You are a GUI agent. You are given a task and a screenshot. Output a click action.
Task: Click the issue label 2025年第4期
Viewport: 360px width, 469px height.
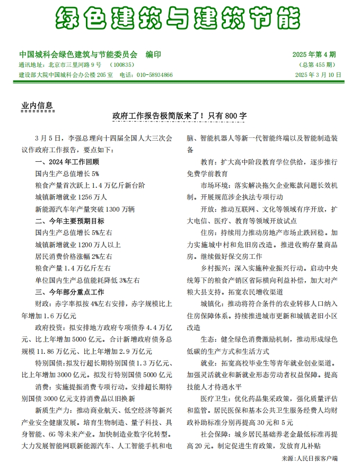coord(314,55)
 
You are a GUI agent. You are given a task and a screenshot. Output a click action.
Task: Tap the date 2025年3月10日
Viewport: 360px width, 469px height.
coord(318,75)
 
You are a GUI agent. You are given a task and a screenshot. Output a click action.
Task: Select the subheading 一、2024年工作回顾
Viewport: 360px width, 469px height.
coord(67,162)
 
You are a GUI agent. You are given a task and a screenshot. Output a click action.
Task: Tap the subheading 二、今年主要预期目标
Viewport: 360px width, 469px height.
coord(70,221)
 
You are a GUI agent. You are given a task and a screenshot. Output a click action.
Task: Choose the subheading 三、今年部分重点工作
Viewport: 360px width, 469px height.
coord(70,292)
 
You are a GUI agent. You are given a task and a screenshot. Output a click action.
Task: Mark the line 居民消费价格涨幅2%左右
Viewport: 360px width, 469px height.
coord(74,256)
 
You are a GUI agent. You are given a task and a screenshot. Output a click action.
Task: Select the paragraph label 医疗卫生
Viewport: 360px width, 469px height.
coord(213,398)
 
